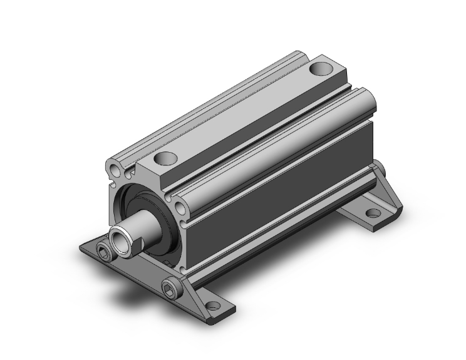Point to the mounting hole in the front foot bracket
(x=213, y=306)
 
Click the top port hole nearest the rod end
(x=166, y=158)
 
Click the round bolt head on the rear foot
(x=378, y=167)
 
